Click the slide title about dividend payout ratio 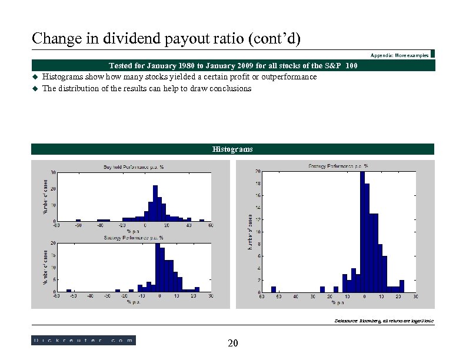coord(166,39)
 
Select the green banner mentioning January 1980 coord(233,65)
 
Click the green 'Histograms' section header coord(233,149)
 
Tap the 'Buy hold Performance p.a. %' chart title coord(134,167)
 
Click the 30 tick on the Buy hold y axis coord(53,172)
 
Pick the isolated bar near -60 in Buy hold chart coord(78,220)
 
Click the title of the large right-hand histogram coord(338,166)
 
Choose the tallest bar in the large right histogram coord(362,232)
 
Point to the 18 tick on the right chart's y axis coord(257,184)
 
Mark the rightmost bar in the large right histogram coord(402,286)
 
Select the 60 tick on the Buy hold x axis coord(211,225)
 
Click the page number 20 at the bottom coord(232,344)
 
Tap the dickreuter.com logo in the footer coord(83,340)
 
